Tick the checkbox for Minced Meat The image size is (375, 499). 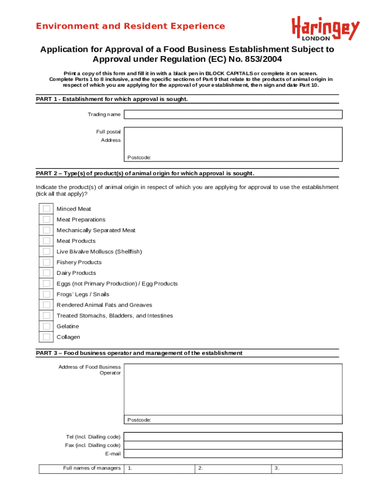point(46,209)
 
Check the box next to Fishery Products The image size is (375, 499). point(46,262)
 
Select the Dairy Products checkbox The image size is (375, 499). point(46,273)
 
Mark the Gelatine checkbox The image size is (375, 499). point(46,326)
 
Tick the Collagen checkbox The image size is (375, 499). point(46,337)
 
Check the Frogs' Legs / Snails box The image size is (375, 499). point(46,294)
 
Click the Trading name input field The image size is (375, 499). point(233,115)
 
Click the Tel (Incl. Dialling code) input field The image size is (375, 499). point(233,437)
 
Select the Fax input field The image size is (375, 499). point(233,445)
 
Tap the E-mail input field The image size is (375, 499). point(233,454)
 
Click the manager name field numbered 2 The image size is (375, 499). point(233,469)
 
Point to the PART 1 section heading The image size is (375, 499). point(112,99)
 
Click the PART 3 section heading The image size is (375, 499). point(139,353)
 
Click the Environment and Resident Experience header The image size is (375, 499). point(131,26)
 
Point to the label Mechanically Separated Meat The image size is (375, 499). point(96,230)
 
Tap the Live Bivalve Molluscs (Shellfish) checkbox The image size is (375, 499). point(46,251)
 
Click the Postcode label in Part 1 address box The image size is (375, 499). point(139,157)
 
